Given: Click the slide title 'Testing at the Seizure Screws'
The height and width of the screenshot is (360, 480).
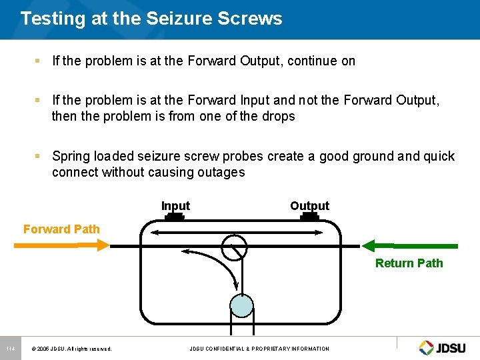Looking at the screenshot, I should pyautogui.click(x=151, y=19).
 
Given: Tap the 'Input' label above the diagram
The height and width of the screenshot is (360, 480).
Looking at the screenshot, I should pyautogui.click(x=175, y=206).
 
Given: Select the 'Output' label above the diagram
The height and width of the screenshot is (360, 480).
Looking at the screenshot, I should pyautogui.click(x=309, y=205).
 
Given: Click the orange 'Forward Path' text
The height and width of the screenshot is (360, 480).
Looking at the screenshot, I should pyautogui.click(x=61, y=229).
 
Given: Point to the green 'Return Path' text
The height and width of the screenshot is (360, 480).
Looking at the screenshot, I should pyautogui.click(x=409, y=263).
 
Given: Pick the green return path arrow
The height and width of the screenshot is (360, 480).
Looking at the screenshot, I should pyautogui.click(x=409, y=245).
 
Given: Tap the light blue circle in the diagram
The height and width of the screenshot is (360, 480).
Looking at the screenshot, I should pyautogui.click(x=241, y=305).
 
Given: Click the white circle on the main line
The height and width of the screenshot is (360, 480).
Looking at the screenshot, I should pyautogui.click(x=234, y=247).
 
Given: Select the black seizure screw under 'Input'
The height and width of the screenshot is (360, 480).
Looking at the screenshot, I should pyautogui.click(x=175, y=217).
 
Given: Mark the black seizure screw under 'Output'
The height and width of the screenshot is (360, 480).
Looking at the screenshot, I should pyautogui.click(x=309, y=217).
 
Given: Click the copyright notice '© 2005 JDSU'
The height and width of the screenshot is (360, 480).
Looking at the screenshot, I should pyautogui.click(x=71, y=349).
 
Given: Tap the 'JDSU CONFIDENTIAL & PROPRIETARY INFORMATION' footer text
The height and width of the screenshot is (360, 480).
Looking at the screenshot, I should pyautogui.click(x=259, y=349).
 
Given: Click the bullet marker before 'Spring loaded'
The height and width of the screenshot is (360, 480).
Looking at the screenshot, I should pyautogui.click(x=38, y=156).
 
